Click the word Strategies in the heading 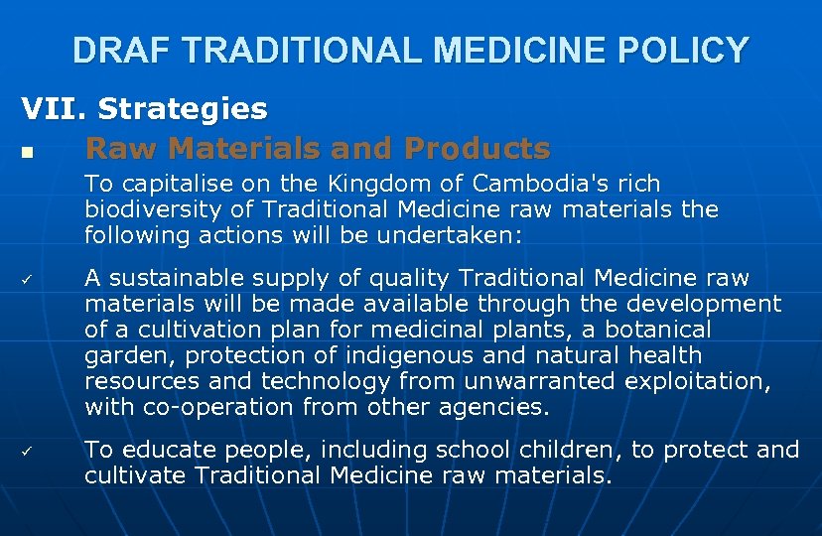pyautogui.click(x=183, y=107)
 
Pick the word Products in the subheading pyautogui.click(x=477, y=148)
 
